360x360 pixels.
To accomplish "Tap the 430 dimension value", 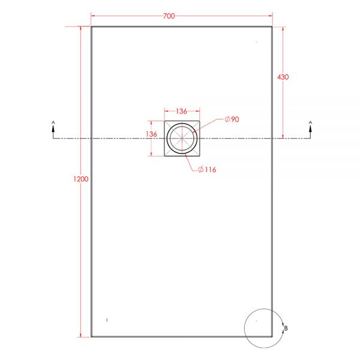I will pyautogui.click(x=283, y=77).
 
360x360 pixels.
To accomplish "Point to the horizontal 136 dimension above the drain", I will pyautogui.click(x=181, y=111).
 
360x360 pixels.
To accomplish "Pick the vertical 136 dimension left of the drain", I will pyautogui.click(x=151, y=134).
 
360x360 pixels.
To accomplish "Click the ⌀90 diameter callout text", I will pyautogui.click(x=232, y=120).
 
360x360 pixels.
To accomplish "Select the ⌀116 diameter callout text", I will pyautogui.click(x=207, y=170).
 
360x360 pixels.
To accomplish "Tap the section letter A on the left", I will pyautogui.click(x=53, y=122).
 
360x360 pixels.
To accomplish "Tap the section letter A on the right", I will pyautogui.click(x=310, y=122).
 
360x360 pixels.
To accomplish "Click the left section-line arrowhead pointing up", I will pyautogui.click(x=53, y=130).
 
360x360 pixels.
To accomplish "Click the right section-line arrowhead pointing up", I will pyautogui.click(x=310, y=130).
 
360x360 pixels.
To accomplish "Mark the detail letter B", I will pyautogui.click(x=286, y=328).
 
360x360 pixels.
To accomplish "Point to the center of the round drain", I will pyautogui.click(x=182, y=139).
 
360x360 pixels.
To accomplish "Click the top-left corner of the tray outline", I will pyautogui.click(x=91, y=27).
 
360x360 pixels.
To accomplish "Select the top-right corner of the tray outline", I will pyautogui.click(x=272, y=27).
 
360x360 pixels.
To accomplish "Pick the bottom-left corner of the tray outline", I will pyautogui.click(x=91, y=337).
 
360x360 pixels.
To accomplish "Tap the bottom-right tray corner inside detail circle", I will pyautogui.click(x=272, y=337).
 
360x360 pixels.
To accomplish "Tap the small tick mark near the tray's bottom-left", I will pyautogui.click(x=106, y=320).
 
